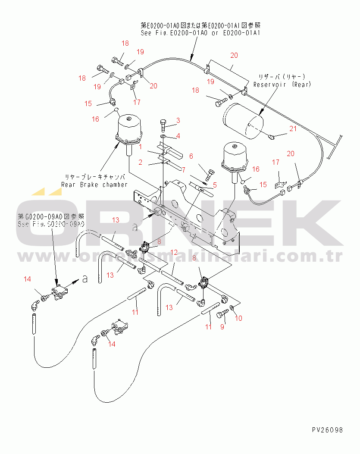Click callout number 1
click(140, 147)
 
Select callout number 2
click(140, 162)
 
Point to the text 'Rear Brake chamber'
click(94, 185)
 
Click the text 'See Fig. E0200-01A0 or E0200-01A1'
click(200, 32)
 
